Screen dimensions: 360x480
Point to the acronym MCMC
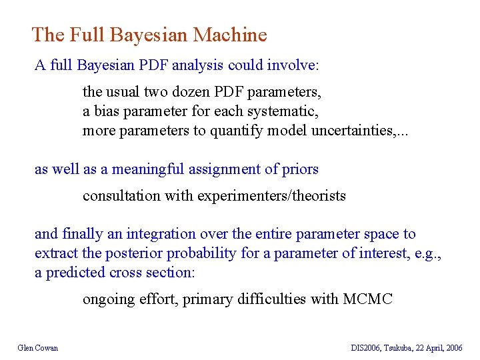[368, 299]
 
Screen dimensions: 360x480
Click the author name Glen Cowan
[38, 348]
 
